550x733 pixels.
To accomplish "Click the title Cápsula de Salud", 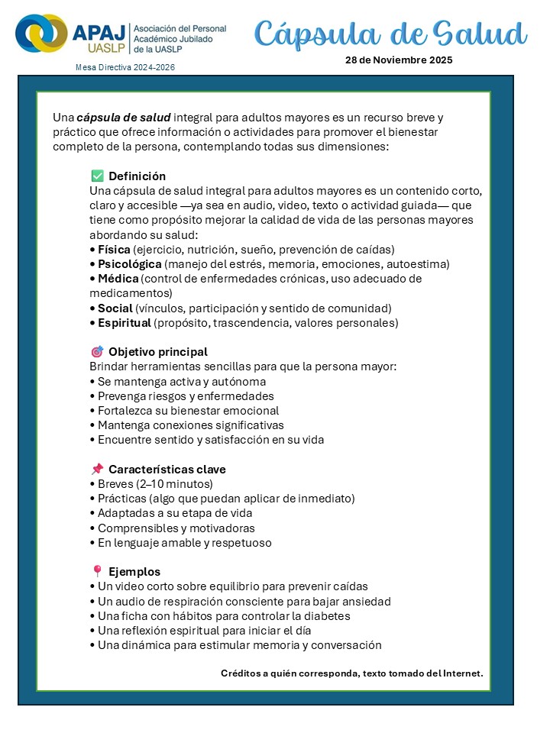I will point(390,34).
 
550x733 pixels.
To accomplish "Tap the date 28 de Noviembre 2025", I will point(399,60).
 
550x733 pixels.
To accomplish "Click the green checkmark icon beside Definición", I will point(97,176).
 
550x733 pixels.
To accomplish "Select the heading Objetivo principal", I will point(158,352).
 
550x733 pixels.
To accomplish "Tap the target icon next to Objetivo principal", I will point(97,352).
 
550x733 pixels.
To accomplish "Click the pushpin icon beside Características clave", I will point(97,470).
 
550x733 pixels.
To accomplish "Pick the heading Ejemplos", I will point(134,572).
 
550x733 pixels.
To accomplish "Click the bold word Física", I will point(114,250).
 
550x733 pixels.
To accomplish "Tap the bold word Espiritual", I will point(125,323).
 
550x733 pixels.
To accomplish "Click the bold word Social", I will point(115,308).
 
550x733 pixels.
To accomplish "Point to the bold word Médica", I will point(118,279).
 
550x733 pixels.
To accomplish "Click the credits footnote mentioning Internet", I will point(351,673).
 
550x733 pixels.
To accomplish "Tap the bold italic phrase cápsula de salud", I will point(124,118).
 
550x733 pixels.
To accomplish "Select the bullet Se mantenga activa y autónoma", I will point(182,382).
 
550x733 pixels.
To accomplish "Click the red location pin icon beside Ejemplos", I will point(97,572).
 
